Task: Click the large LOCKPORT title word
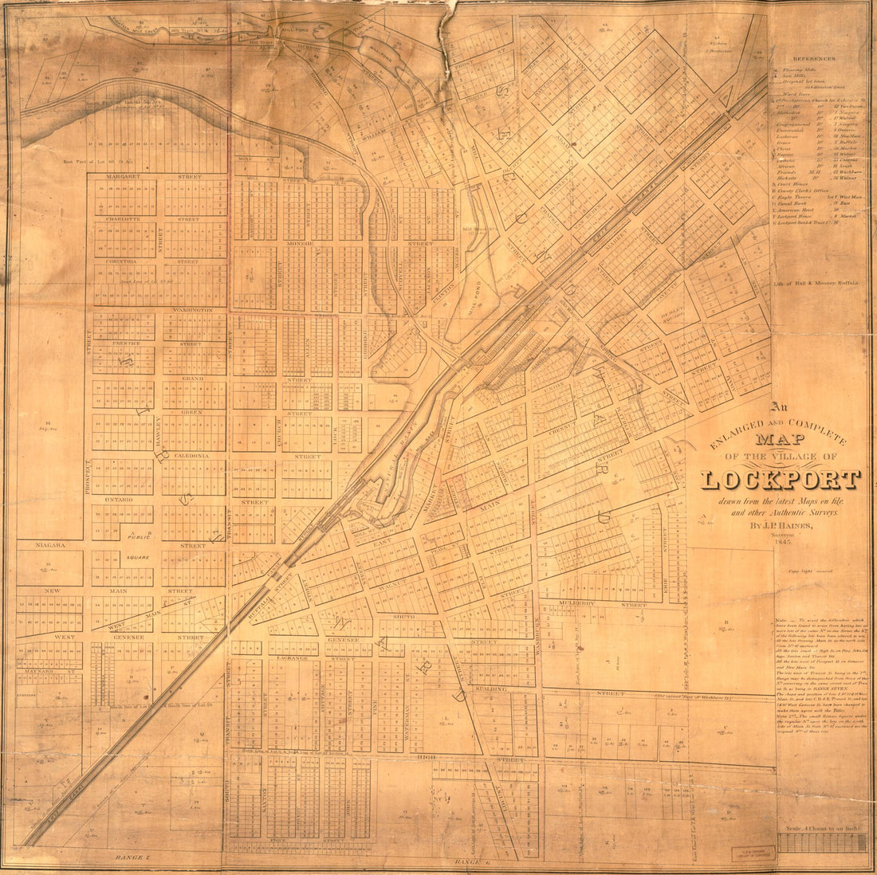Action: [x=781, y=479]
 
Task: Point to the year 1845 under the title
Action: [x=781, y=541]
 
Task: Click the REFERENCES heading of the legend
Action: [x=814, y=59]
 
